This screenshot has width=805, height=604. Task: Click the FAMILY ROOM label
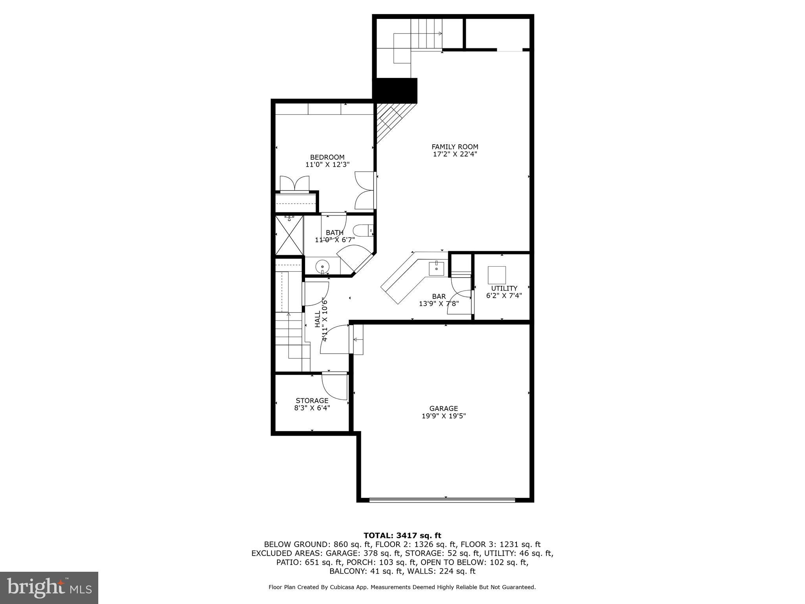click(x=455, y=147)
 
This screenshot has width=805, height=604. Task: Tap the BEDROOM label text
click(x=327, y=157)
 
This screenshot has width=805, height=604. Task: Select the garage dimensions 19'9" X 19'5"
click(x=443, y=416)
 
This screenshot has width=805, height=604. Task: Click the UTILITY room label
click(x=504, y=288)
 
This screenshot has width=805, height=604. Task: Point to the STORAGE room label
click(x=312, y=401)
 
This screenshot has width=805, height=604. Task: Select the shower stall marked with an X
click(x=290, y=235)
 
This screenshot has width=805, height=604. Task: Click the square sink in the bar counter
click(x=436, y=268)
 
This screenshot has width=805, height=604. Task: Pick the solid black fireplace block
click(x=395, y=90)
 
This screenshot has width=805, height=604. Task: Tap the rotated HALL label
click(x=318, y=319)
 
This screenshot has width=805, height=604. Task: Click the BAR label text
click(x=439, y=296)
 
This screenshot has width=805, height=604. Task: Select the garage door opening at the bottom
click(x=442, y=500)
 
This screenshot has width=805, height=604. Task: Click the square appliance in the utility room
click(x=497, y=275)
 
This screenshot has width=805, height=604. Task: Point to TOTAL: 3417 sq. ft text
click(x=402, y=535)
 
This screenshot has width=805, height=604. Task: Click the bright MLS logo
click(x=49, y=587)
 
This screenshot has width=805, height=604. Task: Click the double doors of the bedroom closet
click(x=294, y=184)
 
